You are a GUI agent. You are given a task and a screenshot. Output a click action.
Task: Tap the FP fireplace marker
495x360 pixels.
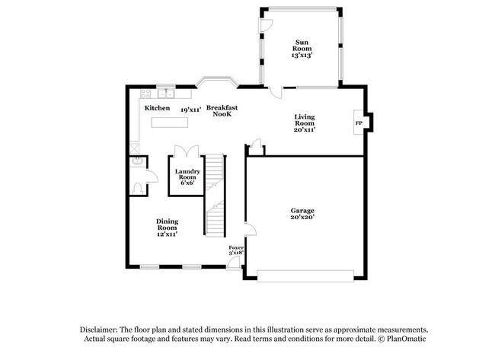pyautogui.click(x=358, y=123)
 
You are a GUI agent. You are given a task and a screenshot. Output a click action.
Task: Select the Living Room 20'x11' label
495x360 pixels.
pyautogui.click(x=305, y=123)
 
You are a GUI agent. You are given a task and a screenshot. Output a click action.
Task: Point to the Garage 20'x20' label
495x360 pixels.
pyautogui.click(x=302, y=214)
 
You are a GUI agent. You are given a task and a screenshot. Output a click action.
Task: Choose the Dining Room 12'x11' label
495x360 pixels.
pyautogui.click(x=167, y=227)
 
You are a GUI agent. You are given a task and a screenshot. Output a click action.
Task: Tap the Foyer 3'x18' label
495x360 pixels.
pyautogui.click(x=236, y=250)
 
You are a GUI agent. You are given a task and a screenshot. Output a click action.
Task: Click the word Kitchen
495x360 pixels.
pyautogui.click(x=158, y=108)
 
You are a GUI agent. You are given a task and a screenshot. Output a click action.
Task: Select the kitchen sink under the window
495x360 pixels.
pyautogui.click(x=165, y=94)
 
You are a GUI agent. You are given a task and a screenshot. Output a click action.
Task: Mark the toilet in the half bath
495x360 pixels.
pyautogui.click(x=137, y=186)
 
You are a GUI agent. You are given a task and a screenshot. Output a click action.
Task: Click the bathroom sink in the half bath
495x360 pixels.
pyautogui.click(x=135, y=162)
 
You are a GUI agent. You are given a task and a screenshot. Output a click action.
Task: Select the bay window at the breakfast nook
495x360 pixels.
pyautogui.click(x=216, y=81)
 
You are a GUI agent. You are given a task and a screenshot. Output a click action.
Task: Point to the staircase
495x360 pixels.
pyautogui.click(x=216, y=194)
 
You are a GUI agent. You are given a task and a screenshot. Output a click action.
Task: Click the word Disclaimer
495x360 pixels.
pyautogui.click(x=100, y=329)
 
